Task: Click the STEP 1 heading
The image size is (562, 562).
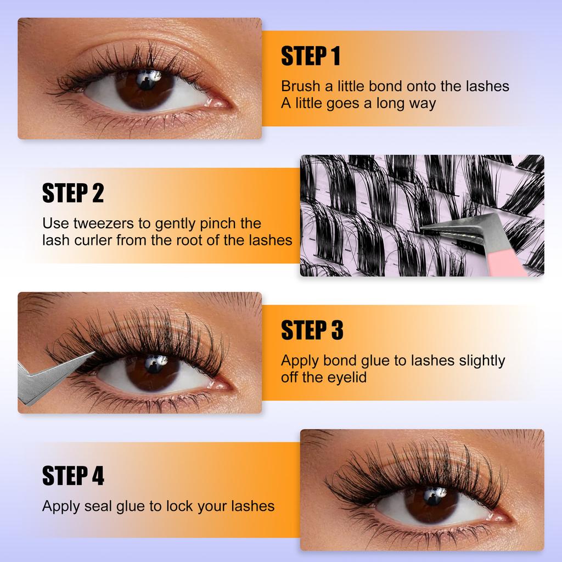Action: coord(311,56)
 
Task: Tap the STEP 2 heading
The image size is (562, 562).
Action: coord(73,193)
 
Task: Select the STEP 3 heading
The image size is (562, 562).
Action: coord(312,330)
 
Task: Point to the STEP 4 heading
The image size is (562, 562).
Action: coord(73,476)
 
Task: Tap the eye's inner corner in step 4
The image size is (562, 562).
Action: coord(503,516)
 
